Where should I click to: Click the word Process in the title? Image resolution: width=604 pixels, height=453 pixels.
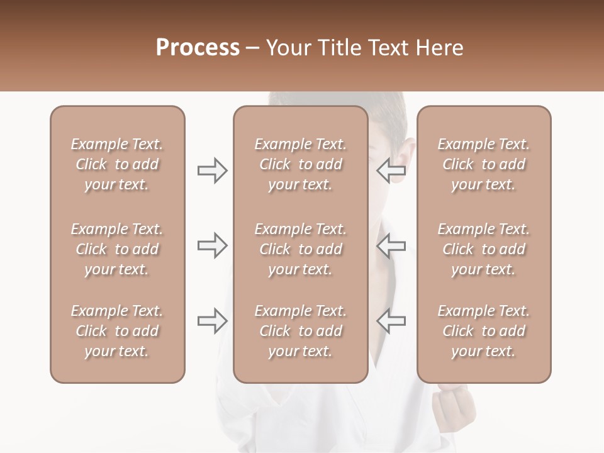(x=198, y=48)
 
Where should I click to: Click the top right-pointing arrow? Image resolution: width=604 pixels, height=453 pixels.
(x=212, y=171)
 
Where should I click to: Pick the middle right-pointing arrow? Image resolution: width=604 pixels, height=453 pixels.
(x=212, y=245)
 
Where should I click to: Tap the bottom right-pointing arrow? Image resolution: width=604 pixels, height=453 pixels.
(x=212, y=321)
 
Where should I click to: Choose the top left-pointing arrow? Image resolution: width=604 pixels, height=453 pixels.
(x=391, y=170)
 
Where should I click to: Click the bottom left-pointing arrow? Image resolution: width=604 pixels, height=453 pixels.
(x=391, y=321)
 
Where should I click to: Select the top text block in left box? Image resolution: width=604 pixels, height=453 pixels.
(x=117, y=164)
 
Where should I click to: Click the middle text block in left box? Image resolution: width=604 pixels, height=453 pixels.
(x=117, y=249)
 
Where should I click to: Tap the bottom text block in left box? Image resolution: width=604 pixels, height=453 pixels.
(x=117, y=331)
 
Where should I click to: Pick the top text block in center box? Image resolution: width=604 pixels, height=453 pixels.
(x=300, y=164)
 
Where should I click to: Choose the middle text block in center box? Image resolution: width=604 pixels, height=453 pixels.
(x=300, y=249)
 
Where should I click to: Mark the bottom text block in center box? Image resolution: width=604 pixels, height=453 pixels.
(x=300, y=331)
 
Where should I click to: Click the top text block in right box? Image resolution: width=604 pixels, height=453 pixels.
(x=483, y=164)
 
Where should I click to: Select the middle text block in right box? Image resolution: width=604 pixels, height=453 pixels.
(x=483, y=249)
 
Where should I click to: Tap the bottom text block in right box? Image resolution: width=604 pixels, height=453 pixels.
(x=483, y=331)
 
